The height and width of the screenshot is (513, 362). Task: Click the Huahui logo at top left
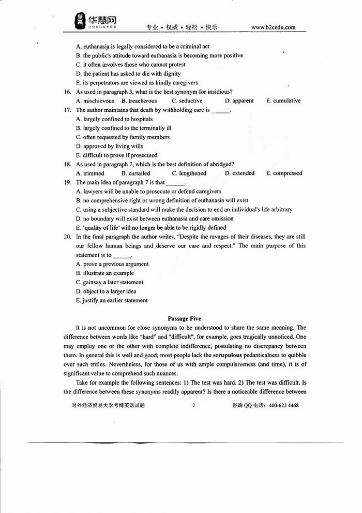96,21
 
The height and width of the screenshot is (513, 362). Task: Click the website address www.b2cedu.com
273,27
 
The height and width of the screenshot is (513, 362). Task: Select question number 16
67,92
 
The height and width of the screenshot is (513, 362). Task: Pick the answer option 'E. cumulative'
283,101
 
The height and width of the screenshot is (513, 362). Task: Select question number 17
67,110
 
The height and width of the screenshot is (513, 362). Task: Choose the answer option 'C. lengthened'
189,173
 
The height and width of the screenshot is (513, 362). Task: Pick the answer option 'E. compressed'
284,173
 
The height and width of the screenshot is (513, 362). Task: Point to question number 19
67,182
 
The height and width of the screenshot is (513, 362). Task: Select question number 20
67,237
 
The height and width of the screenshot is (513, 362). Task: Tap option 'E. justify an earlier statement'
111,300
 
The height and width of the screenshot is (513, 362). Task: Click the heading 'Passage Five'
185,319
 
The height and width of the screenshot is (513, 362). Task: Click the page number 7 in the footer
193,406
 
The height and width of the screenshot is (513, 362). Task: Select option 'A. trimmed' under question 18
90,173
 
